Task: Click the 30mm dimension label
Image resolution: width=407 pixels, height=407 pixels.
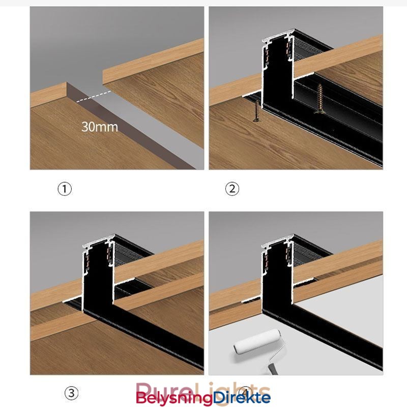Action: point(99,126)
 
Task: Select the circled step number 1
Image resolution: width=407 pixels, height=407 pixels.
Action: point(64,189)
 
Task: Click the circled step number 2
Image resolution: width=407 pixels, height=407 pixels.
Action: point(232,189)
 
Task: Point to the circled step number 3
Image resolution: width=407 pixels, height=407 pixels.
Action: point(71,393)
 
